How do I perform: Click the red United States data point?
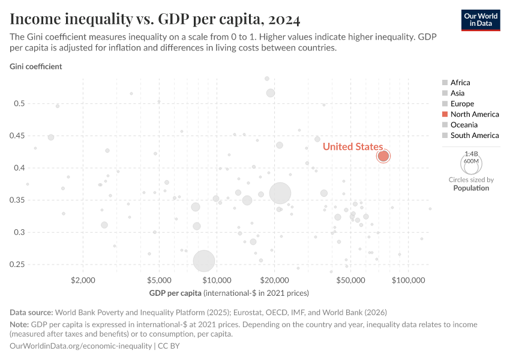tap(383, 156)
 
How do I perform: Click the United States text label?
tap(352, 147)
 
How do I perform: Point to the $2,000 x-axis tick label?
tap(83, 280)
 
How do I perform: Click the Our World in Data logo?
tap(480, 19)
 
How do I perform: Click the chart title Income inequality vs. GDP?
tap(155, 20)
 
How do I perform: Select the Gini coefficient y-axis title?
tap(35, 67)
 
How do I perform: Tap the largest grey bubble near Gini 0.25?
tap(204, 261)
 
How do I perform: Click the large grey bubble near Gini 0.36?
tap(280, 193)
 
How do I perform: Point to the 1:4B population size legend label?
tap(471, 154)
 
